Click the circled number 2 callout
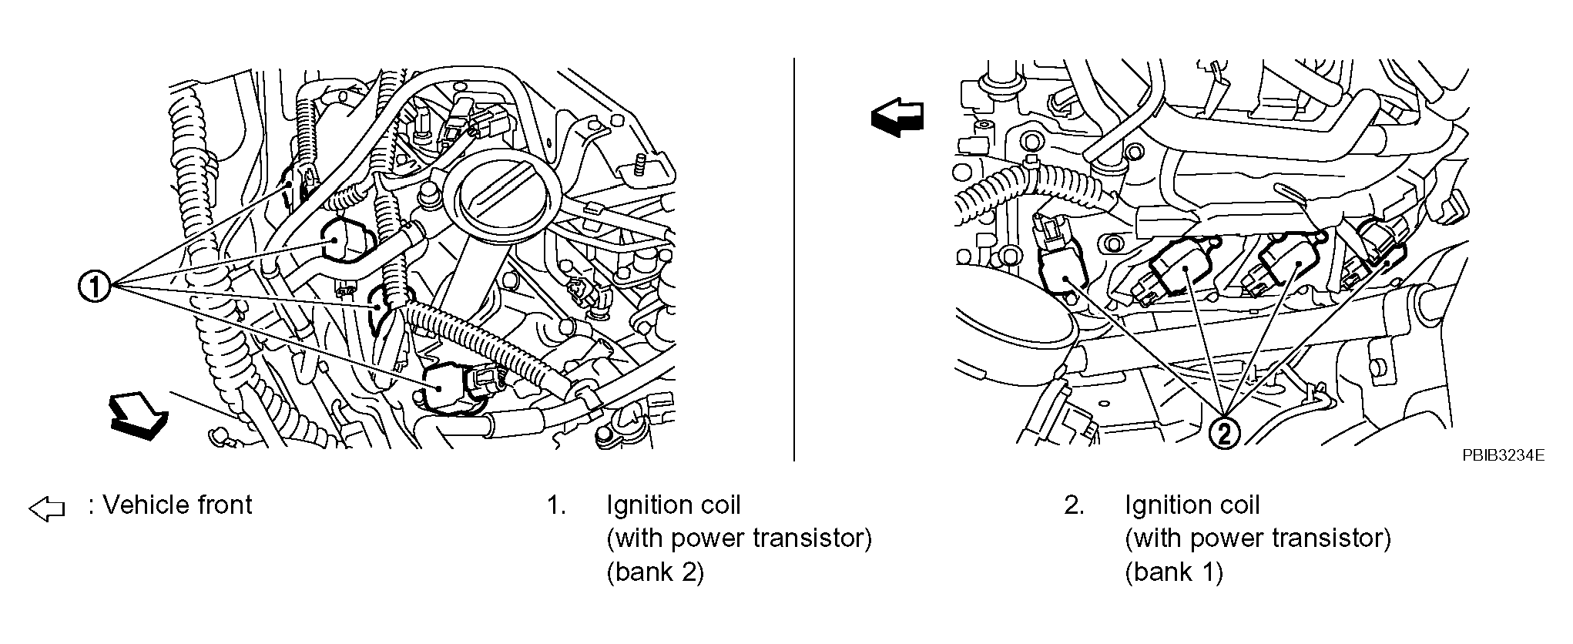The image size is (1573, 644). point(1223,434)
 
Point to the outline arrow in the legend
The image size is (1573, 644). point(46,508)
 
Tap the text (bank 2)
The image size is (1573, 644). point(655,572)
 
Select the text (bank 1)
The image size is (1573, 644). point(1173,572)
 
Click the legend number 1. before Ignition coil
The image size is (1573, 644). point(556,505)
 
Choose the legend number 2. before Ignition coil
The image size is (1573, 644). point(1074,505)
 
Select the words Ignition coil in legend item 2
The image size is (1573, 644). point(1192,505)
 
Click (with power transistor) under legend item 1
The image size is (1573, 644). point(739,538)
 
